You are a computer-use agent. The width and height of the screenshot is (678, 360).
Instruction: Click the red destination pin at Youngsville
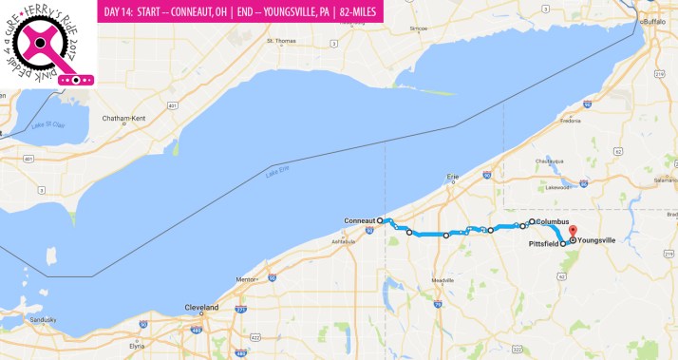(573, 231)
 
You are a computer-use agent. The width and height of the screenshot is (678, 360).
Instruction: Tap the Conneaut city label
(360, 220)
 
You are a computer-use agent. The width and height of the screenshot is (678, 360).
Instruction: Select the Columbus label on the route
(553, 221)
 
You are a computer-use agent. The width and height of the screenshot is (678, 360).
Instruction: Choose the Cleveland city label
(201, 308)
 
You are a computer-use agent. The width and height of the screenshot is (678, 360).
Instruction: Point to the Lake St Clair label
(47, 125)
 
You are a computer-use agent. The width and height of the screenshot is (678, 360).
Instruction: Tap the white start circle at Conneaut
(380, 220)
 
